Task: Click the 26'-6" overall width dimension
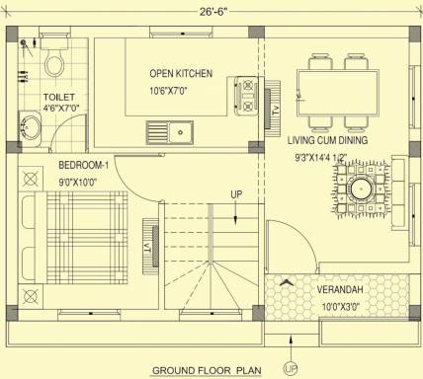(213, 12)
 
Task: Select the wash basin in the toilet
(30, 128)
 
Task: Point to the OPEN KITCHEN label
(181, 73)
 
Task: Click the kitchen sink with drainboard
(170, 132)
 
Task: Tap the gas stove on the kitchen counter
(246, 96)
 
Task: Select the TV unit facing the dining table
(273, 109)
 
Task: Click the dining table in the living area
(338, 93)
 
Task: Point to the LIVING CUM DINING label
(327, 140)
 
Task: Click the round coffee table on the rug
(362, 189)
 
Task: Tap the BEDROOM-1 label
(83, 165)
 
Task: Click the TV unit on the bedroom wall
(151, 247)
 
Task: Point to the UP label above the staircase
(236, 194)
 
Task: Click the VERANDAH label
(340, 290)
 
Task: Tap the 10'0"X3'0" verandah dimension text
(341, 307)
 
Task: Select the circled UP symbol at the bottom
(291, 369)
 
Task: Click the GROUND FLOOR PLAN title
(207, 370)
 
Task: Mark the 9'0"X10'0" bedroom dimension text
(78, 183)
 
